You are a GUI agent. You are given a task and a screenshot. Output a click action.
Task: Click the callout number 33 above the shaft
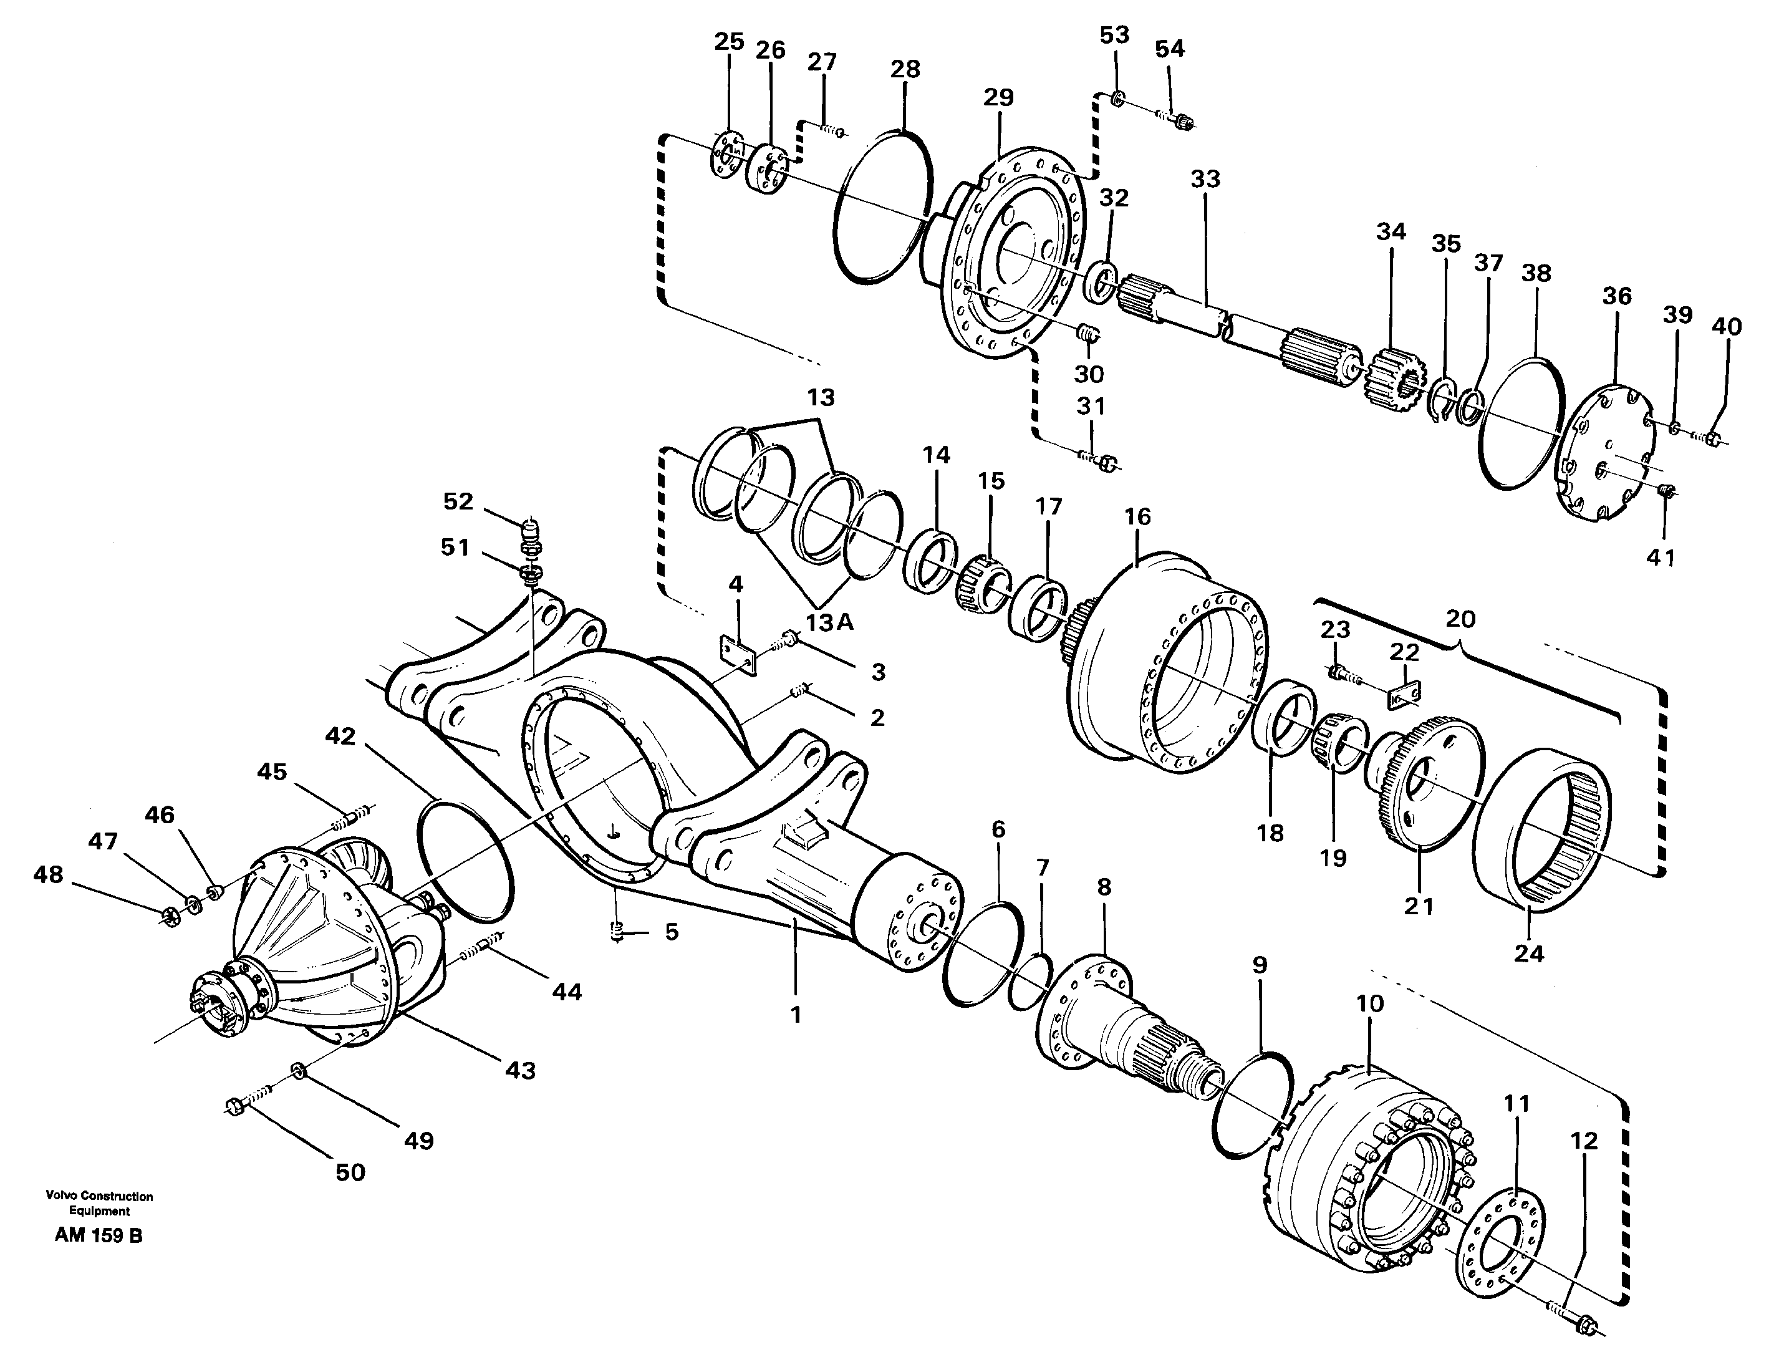[1205, 179]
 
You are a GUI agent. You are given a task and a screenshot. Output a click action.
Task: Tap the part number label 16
[1137, 516]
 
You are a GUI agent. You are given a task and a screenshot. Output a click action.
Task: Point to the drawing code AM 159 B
[98, 1236]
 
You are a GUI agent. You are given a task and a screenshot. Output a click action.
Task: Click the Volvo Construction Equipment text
[99, 1203]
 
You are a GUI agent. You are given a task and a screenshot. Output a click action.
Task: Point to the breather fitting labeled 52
[529, 538]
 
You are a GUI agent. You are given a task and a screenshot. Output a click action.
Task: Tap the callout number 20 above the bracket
[1460, 619]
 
